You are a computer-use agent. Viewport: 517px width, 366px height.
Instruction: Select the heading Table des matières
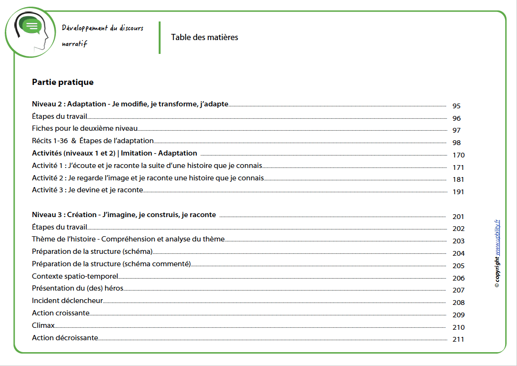coord(204,37)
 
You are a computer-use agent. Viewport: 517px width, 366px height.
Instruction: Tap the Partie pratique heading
coord(62,82)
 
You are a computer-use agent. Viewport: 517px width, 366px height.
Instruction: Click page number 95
coord(456,106)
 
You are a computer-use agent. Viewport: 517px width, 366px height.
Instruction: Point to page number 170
coord(458,155)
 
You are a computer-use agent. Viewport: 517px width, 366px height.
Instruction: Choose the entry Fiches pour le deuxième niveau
coord(84,128)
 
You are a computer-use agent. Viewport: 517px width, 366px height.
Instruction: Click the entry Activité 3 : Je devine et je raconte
coord(87,190)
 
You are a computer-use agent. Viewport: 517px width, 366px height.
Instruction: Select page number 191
coord(458,192)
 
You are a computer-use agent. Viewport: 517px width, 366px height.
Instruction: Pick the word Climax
coord(43,325)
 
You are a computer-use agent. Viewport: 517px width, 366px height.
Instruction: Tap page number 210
coord(458,327)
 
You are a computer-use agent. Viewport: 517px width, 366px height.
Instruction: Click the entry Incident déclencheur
coord(67,301)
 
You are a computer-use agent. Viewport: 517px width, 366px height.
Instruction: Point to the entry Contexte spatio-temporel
coord(74,276)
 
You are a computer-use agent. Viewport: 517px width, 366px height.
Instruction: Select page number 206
coord(458,278)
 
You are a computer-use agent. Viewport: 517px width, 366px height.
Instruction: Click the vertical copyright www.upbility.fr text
coord(497,253)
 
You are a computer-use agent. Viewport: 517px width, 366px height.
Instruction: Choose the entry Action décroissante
coord(65,338)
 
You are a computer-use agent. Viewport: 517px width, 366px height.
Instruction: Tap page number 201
coord(458,217)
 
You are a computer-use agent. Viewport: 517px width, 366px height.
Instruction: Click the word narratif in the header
coord(74,44)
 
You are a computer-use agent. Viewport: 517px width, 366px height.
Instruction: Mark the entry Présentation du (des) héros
coord(78,289)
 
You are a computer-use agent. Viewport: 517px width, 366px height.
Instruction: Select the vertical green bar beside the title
coord(160,37)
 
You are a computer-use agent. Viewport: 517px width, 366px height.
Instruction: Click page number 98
coord(456,143)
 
